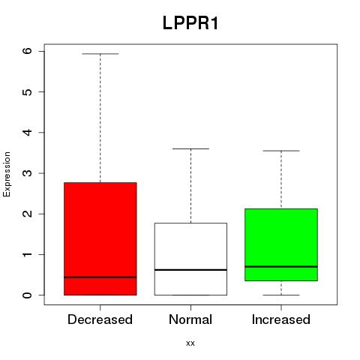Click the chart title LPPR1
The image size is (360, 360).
[x=190, y=23]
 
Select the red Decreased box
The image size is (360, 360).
[x=100, y=238]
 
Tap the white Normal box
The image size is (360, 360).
[x=190, y=259]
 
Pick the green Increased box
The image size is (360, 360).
[x=281, y=244]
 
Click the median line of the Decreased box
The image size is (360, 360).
[x=100, y=277]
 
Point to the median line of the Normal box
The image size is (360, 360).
[x=190, y=270]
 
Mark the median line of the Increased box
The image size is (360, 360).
[x=281, y=267]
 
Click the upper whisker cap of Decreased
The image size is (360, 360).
[x=100, y=54]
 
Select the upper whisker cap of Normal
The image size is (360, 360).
[x=190, y=148]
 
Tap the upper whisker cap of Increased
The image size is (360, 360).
[x=281, y=151]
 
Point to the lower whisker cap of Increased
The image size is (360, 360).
[x=281, y=295]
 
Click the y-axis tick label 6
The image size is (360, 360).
[x=28, y=51]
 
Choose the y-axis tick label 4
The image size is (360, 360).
[x=28, y=132]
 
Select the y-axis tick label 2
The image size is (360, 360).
[x=28, y=214]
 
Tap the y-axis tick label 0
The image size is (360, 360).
[x=28, y=295]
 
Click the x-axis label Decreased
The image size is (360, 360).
[x=100, y=319]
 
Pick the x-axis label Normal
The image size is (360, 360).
[x=190, y=319]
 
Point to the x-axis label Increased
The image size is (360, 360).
[x=281, y=319]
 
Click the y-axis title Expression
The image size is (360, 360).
[x=7, y=174]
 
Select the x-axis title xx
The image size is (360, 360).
[x=190, y=343]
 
